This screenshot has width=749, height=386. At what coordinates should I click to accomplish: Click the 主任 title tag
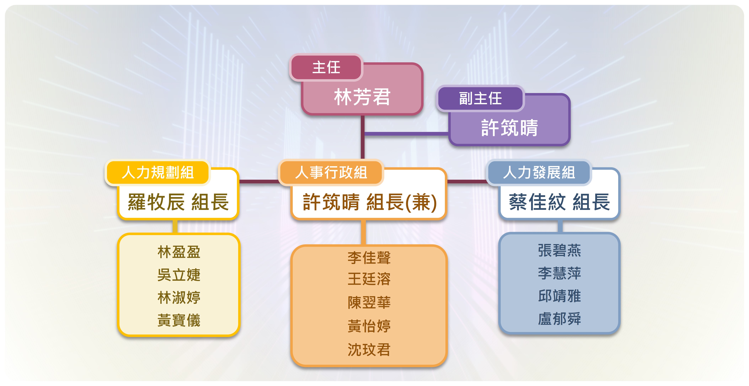coord(326,67)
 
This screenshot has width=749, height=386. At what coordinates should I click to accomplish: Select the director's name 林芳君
coord(362,97)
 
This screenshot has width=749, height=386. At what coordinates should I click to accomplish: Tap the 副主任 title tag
coord(480,98)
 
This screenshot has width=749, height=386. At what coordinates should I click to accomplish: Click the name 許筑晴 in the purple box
coord(509,128)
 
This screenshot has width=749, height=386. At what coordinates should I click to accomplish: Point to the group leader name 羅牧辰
coord(156,202)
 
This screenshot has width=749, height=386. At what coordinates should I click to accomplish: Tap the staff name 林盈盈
coord(179,252)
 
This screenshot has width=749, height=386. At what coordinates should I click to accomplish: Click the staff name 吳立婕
coord(179,275)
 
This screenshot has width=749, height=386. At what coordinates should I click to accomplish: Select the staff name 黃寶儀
coord(179,320)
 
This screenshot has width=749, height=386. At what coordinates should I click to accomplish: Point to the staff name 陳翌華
coord(369,302)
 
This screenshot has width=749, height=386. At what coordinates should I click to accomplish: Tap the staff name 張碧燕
coord(559,250)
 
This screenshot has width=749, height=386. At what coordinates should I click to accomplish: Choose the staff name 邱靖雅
coord(559,296)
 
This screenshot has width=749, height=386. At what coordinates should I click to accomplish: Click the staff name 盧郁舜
coord(559,319)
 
